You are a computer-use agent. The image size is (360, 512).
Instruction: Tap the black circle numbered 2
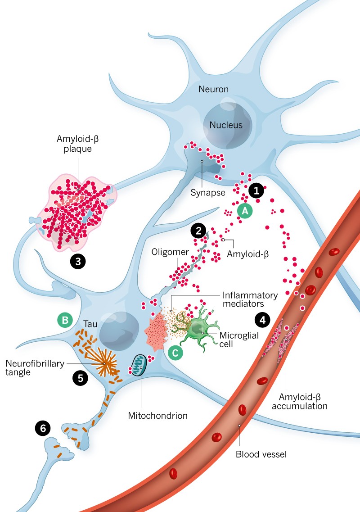pos(198,231)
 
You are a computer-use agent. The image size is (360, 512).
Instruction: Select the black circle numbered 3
pos(78,262)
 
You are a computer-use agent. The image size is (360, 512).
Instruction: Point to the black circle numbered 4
pos(262,320)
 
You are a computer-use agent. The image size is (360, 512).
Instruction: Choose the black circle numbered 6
pos(43,428)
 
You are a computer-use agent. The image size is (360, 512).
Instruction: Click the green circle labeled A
pos(245,210)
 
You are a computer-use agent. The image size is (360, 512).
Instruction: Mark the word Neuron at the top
pos(214,89)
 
